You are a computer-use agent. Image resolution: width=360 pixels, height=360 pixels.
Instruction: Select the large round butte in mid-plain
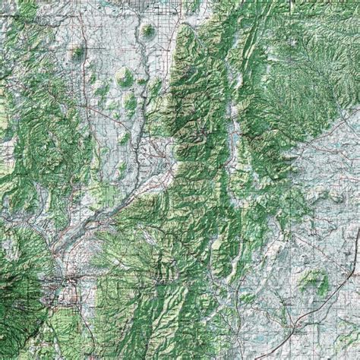click(123, 76)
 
